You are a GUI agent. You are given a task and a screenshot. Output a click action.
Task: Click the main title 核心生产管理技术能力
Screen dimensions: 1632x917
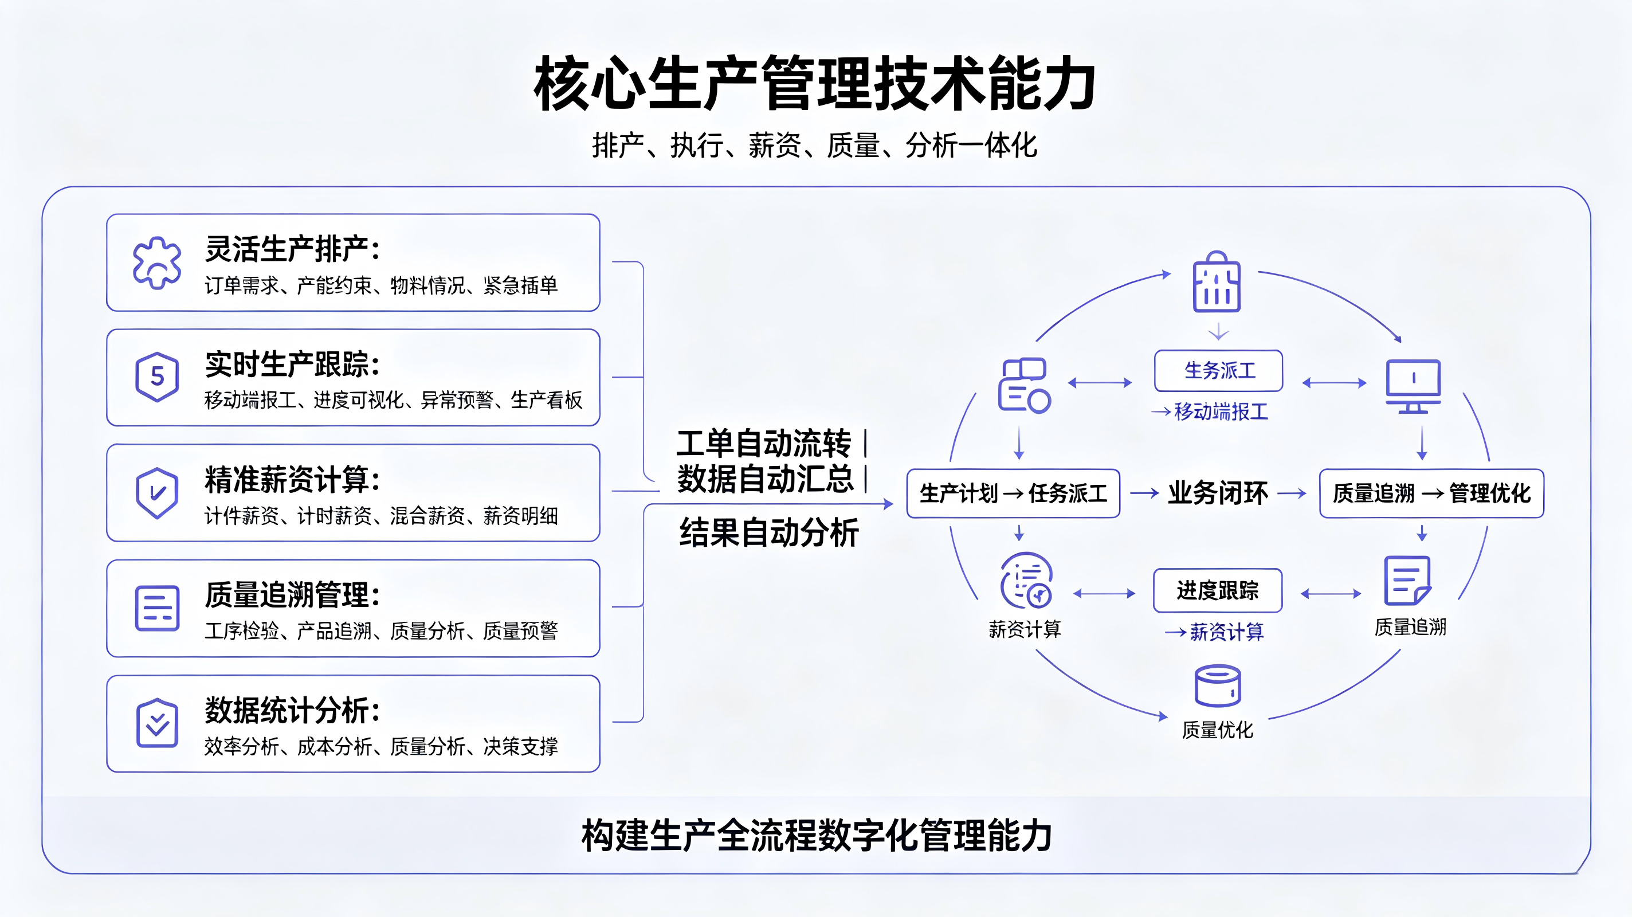click(815, 84)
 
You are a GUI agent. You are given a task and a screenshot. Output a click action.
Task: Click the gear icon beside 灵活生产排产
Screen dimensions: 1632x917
click(157, 262)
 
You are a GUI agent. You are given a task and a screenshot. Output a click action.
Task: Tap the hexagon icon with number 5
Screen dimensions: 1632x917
click(157, 377)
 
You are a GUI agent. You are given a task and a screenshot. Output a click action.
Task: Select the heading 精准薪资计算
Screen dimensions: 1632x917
click(292, 479)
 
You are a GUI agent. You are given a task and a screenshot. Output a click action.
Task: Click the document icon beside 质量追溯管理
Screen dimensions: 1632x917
click(157, 608)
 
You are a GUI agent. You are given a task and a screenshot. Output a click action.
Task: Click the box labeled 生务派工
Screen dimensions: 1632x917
click(1218, 371)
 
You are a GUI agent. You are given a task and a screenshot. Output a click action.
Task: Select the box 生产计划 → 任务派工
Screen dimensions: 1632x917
click(1013, 493)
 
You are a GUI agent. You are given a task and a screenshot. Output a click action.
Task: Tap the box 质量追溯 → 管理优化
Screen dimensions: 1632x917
click(1431, 493)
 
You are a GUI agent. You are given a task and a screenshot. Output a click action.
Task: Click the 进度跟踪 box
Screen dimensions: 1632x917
click(1218, 591)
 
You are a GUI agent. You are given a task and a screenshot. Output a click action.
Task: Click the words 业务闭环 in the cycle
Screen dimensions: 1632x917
click(1218, 493)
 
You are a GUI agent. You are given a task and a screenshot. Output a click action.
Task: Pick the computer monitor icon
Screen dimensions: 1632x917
click(1413, 386)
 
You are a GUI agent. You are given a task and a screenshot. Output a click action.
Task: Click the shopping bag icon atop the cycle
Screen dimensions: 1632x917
click(1217, 282)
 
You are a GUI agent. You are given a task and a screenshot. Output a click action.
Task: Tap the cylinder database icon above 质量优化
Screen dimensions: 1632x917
click(1217, 685)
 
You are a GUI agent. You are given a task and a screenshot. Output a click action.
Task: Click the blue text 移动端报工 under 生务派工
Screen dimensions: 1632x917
click(1221, 412)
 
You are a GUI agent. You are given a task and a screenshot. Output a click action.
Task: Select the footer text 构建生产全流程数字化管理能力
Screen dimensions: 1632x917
click(817, 835)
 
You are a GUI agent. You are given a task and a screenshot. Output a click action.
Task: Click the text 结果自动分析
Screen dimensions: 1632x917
click(769, 532)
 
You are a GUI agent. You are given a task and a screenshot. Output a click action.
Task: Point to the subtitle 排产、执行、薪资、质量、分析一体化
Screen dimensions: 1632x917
click(815, 145)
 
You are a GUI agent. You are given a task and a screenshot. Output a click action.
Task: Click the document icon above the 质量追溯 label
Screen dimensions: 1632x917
click(1407, 581)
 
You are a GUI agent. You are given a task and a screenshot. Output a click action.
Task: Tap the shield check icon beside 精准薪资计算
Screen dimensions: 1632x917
click(156, 493)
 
